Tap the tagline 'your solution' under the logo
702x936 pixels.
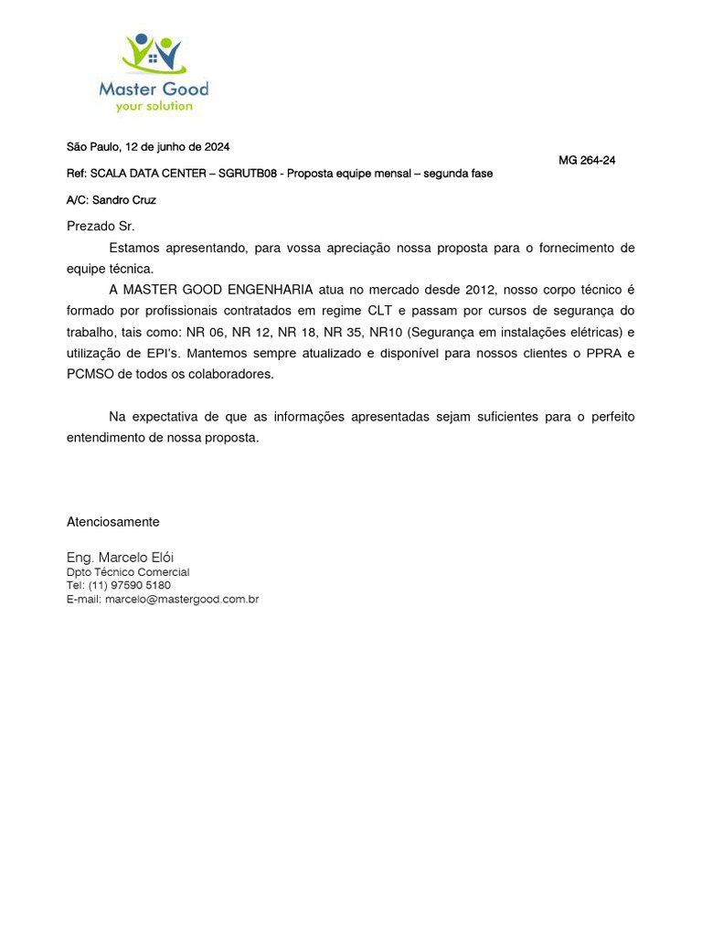tap(154, 106)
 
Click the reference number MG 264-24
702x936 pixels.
tap(587, 160)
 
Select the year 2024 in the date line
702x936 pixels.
tap(217, 146)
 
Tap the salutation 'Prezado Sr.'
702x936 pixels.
tap(101, 226)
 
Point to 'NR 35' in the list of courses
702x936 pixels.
tap(339, 332)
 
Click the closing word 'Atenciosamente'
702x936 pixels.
tap(113, 522)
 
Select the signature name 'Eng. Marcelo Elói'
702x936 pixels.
tap(120, 557)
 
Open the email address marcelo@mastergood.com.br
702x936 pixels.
tap(182, 600)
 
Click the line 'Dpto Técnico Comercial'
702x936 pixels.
tap(128, 572)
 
